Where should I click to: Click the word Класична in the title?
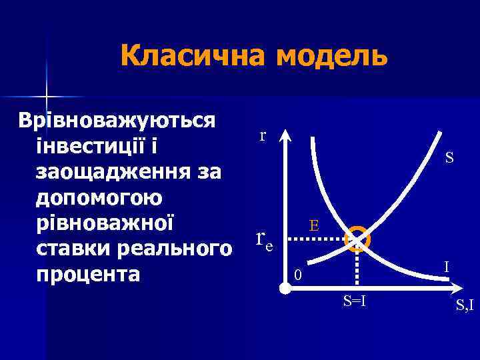193,56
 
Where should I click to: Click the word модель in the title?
331,56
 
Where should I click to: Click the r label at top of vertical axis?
263,135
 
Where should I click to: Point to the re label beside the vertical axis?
265,239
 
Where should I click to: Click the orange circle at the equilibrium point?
358,237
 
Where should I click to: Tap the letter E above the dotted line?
313,226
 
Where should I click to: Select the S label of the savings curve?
450,158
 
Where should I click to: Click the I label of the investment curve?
447,267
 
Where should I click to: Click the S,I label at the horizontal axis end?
464,307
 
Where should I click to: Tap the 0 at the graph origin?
299,275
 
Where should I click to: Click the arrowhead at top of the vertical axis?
285,135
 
